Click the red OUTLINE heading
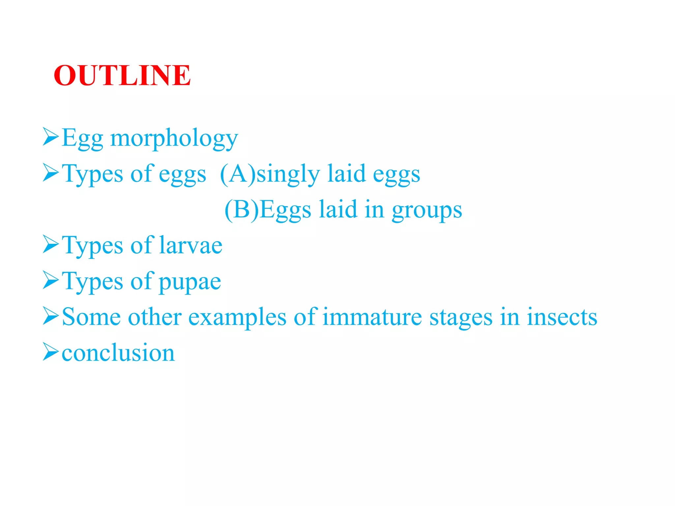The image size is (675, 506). (x=122, y=75)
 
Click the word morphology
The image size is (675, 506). (x=174, y=139)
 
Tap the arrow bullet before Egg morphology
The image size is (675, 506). (x=50, y=136)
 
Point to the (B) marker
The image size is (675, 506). (x=242, y=210)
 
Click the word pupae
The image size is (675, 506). (x=190, y=282)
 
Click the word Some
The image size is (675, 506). (x=91, y=317)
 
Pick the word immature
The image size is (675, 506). (x=372, y=317)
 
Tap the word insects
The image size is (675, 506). (x=562, y=317)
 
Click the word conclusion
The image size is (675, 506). (x=118, y=353)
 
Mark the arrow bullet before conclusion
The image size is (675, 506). (x=50, y=351)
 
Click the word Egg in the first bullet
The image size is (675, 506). (x=82, y=139)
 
